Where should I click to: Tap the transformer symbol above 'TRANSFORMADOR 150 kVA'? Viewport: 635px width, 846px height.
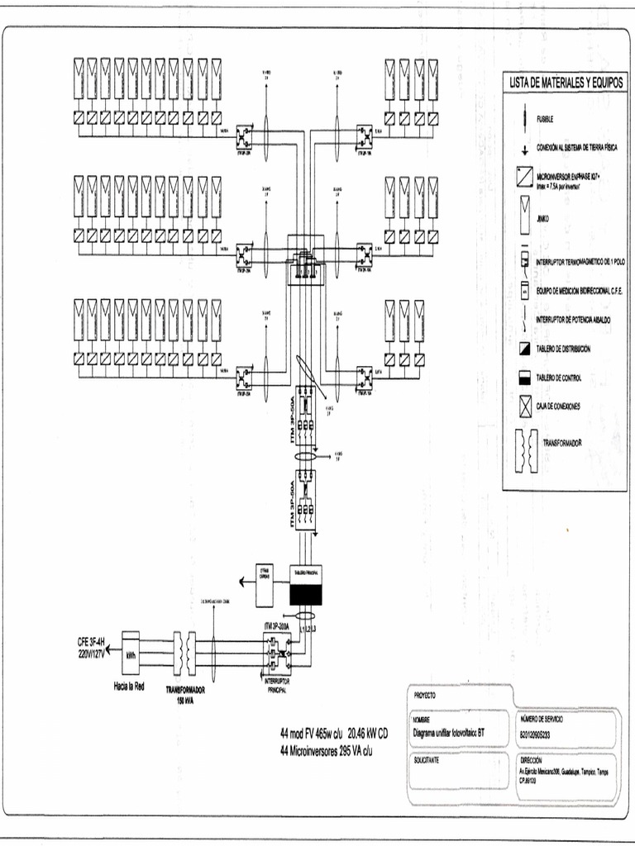[184, 654]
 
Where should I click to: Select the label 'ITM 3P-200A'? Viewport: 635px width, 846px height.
[280, 625]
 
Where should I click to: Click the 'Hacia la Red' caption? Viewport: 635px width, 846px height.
[129, 686]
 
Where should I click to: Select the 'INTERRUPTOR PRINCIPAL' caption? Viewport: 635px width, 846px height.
[276, 687]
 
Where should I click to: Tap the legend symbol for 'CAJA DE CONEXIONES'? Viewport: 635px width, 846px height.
[524, 406]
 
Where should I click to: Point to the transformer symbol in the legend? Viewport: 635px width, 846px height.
[524, 452]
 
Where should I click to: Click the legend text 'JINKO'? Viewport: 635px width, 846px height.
[544, 220]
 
